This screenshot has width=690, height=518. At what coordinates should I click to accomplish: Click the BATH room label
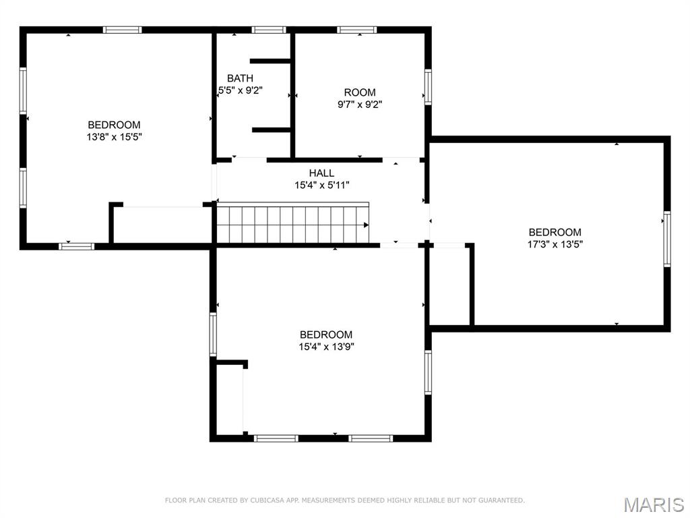coord(241,78)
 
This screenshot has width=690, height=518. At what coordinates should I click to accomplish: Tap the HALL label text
coord(321,173)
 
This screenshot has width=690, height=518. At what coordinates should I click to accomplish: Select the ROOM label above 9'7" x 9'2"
coord(360,92)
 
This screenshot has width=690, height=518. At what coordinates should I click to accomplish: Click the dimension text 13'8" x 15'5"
coord(115,137)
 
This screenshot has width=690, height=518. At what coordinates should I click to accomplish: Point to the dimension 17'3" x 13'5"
coord(555,244)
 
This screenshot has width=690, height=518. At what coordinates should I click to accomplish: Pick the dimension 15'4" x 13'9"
coord(327,347)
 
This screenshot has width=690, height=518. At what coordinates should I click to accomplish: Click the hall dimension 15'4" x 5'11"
coord(322,185)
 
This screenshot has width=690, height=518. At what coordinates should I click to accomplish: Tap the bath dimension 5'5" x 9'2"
coord(241,91)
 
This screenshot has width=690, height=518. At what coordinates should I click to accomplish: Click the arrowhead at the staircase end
coord(366,225)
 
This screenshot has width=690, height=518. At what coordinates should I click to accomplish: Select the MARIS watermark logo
coord(654,505)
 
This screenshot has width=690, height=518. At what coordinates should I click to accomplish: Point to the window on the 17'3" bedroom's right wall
coord(667,239)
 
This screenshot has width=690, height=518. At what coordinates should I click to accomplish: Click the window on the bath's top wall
coord(269,30)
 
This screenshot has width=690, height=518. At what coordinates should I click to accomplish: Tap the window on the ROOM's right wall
coord(428,87)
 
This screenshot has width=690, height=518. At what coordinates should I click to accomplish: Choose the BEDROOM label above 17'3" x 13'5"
coord(555,232)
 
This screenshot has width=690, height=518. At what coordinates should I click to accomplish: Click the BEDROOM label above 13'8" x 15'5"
coord(114,125)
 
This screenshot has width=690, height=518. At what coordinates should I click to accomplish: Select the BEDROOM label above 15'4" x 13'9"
coord(326,335)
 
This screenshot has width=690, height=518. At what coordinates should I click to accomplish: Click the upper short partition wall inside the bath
coord(270,61)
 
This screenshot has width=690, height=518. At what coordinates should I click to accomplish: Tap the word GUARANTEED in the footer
coord(501,500)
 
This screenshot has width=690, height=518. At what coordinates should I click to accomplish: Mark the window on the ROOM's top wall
coord(357,30)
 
